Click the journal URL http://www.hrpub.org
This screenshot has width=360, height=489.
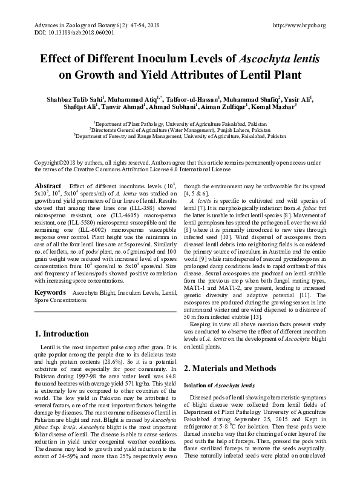point(299,25)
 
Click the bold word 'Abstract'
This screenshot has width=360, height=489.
point(48,186)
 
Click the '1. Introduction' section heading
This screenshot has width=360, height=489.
point(62,333)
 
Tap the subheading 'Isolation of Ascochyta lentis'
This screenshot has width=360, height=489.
point(220,386)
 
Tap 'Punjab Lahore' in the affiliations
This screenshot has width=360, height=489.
point(214,130)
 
